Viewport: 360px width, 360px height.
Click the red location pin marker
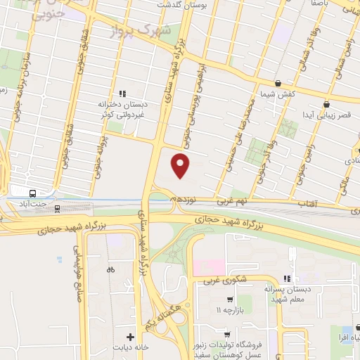[181, 165]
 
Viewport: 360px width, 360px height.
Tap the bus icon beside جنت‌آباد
[33, 193]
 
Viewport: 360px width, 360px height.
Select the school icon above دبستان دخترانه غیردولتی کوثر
[122, 92]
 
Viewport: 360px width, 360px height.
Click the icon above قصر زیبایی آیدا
[326, 104]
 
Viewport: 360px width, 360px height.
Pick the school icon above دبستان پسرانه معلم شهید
[286, 278]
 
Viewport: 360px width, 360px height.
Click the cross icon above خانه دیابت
[131, 336]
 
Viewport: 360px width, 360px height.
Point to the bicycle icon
[110, 269]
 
